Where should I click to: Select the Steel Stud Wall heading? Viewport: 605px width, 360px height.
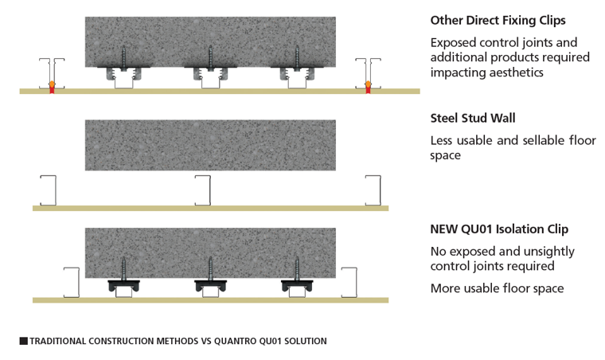coord(473,119)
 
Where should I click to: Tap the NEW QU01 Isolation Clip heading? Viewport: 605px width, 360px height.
coord(499,230)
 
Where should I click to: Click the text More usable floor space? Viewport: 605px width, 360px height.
coord(497,288)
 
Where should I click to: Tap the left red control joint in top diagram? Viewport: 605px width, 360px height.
coord(53,87)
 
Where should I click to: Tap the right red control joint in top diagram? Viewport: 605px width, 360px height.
coord(368,87)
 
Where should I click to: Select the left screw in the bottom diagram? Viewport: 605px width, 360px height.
coord(124,267)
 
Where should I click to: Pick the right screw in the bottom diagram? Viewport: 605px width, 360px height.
coord(299,267)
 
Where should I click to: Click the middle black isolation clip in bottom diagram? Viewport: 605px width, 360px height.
coord(211,284)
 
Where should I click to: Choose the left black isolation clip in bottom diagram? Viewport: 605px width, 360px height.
coord(124,284)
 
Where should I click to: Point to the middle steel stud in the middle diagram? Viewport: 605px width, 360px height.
coord(204,190)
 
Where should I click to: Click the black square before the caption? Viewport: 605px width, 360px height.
coord(23,341)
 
